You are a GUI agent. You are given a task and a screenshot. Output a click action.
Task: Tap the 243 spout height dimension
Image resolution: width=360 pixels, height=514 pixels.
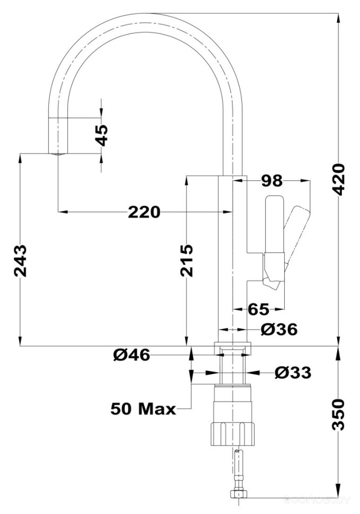[x=20, y=260]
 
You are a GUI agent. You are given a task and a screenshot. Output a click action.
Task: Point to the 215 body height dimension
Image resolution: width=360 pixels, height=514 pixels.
[x=186, y=260]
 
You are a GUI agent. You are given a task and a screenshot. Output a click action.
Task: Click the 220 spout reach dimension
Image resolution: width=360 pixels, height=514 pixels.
[x=144, y=212]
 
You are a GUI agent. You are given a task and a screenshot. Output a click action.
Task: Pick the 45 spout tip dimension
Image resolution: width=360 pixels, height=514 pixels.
[x=101, y=135]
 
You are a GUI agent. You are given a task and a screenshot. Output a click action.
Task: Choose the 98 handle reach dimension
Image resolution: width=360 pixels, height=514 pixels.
[x=271, y=181]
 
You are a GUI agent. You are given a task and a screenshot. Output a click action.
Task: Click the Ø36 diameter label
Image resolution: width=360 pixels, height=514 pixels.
[x=279, y=329]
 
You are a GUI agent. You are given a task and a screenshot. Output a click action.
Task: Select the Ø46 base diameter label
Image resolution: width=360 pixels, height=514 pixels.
[x=132, y=355]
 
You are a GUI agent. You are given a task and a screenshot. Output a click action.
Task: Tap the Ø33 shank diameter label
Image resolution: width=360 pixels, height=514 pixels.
[x=293, y=373]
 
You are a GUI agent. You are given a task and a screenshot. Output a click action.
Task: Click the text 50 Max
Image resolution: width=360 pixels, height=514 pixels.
[x=143, y=409]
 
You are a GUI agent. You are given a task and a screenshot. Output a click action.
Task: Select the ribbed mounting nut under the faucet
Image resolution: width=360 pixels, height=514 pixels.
[x=232, y=433]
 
